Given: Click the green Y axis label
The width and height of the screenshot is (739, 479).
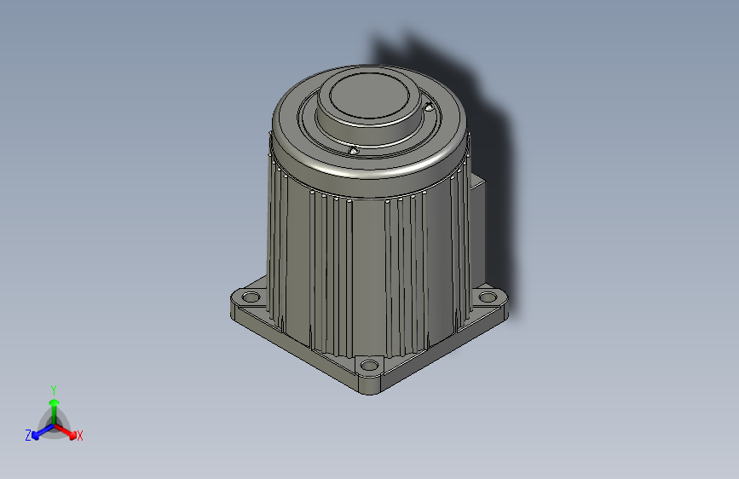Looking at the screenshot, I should pos(54,388).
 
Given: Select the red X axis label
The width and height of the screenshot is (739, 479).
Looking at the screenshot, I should pos(80,436).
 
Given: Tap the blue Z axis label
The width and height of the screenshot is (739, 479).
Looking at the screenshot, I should pos(28,436).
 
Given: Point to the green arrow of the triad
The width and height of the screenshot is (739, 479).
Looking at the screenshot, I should pos(54,407).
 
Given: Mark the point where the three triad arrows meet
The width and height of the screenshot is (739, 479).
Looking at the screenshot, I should pos(54,424).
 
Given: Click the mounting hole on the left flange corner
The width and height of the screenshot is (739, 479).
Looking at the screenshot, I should pos(250,297).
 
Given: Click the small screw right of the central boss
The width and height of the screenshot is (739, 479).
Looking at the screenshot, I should pos(429,108).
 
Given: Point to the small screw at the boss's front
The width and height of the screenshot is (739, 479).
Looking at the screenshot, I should pos(352,150).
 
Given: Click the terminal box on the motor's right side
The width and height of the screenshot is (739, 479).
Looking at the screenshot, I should pos(477,213).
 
